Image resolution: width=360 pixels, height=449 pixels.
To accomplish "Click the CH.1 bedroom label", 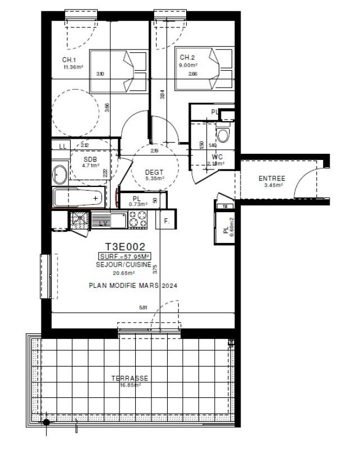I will coord(69,60).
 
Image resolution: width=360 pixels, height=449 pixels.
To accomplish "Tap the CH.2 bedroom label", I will coord(187,57).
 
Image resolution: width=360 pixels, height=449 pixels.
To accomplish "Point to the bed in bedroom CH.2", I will coord(204,70).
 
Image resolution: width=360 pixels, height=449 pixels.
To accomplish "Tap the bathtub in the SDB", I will coord(78,198).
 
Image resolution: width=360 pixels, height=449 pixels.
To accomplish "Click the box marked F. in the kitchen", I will coord(166,221).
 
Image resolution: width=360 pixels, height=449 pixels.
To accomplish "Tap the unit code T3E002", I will coord(126,246).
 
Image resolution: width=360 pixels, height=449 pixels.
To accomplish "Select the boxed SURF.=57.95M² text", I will coord(124,256).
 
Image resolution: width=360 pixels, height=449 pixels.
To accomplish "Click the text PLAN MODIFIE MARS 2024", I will coord(133,286).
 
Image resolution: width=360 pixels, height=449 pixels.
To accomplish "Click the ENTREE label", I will coord(271,178).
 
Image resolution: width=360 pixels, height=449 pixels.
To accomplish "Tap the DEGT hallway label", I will coord(154,172).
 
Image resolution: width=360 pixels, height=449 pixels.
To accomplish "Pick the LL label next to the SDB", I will coord(62,146).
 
